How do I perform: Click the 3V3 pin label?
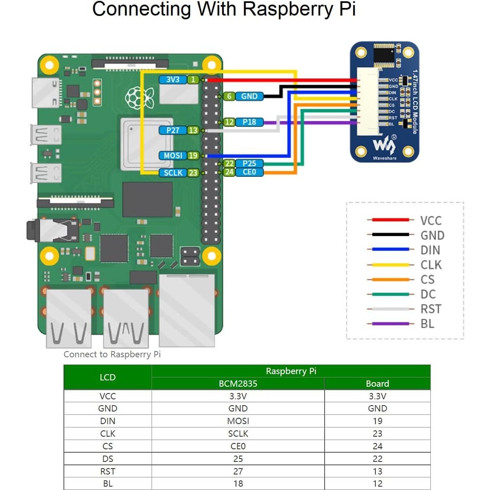click(x=173, y=79)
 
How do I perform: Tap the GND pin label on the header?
click(x=249, y=96)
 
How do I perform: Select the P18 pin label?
click(x=249, y=122)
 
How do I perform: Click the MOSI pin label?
click(x=173, y=155)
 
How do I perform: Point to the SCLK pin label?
click(x=173, y=173)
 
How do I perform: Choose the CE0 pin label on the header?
click(x=249, y=172)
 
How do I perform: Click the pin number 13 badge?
click(x=193, y=130)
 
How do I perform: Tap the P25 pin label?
click(x=249, y=163)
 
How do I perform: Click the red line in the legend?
click(x=388, y=220)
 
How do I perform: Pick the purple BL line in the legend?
click(x=388, y=324)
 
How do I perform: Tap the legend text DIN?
click(x=430, y=250)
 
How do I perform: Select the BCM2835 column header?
click(x=238, y=383)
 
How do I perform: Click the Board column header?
click(x=377, y=383)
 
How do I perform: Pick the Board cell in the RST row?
click(x=377, y=471)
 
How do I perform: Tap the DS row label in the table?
click(x=107, y=459)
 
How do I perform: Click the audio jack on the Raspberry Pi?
click(x=50, y=230)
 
